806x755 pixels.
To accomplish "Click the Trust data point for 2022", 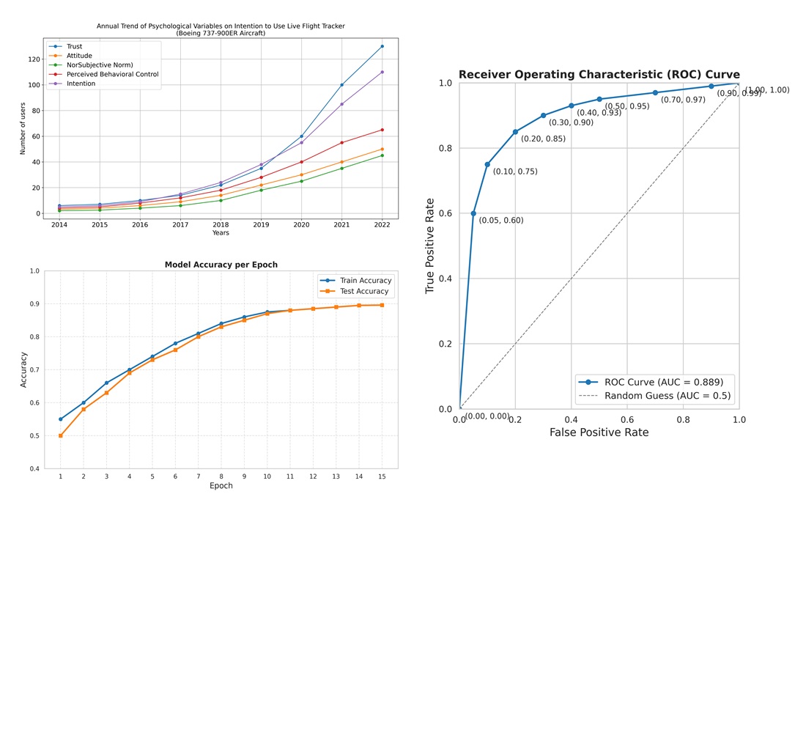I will (x=382, y=46).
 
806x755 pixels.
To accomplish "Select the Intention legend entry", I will (x=81, y=84).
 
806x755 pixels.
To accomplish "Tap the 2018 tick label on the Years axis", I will (x=221, y=224).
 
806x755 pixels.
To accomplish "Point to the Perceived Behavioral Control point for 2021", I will (x=341, y=143).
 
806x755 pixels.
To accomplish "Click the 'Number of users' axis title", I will (x=23, y=128).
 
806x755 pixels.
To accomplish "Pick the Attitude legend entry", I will (x=79, y=56).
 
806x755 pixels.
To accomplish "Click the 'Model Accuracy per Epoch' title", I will (x=221, y=265).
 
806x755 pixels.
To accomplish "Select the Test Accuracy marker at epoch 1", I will (x=60, y=435).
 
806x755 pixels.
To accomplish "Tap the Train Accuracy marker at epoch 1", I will (x=60, y=419).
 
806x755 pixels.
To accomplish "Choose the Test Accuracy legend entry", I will (x=364, y=291).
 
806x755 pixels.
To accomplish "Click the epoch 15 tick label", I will (x=382, y=476).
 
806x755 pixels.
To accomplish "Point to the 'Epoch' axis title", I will (x=221, y=486).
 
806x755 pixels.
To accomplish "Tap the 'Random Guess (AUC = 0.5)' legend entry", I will (x=667, y=396).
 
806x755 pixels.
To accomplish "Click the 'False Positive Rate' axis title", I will (x=599, y=432).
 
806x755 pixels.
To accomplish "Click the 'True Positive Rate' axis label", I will (x=429, y=246).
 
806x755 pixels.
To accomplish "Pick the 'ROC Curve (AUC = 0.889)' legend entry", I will (x=663, y=382).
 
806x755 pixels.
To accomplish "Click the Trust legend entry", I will (x=74, y=46).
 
